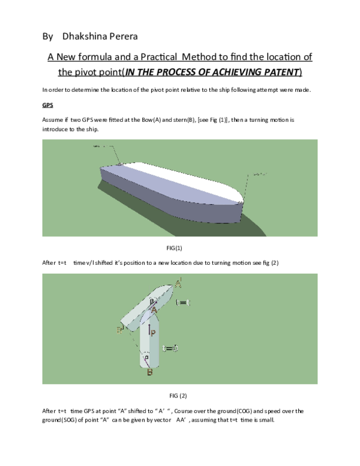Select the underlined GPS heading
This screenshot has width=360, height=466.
tap(48, 104)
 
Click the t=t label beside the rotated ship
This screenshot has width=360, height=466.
tap(184, 303)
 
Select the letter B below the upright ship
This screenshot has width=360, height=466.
tap(149, 372)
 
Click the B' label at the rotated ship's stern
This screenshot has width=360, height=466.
tap(121, 329)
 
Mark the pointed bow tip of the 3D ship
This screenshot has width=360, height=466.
tap(242, 200)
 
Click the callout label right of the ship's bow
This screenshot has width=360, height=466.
tap(259, 174)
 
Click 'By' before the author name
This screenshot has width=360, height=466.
tap(48, 37)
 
